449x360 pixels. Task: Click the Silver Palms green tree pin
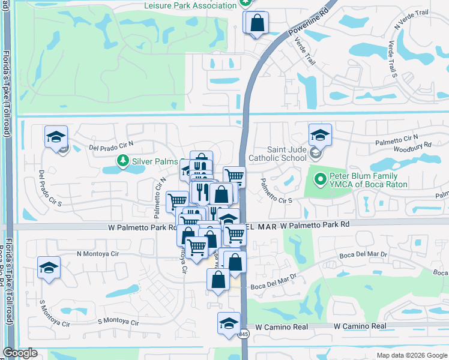(122, 161)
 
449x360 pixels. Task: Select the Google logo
(20, 353)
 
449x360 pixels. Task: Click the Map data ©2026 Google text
(411, 355)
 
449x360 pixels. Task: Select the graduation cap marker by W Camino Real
(228, 323)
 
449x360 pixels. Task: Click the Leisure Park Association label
(190, 5)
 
